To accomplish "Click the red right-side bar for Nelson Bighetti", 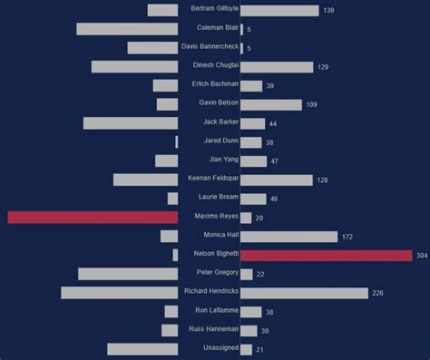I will [x=326, y=256].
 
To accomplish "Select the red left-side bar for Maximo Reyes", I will [x=93, y=218].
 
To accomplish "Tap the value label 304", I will [x=421, y=256].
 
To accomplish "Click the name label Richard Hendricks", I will [x=210, y=291].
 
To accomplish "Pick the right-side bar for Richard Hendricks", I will [x=304, y=293].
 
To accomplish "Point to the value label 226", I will [x=377, y=293].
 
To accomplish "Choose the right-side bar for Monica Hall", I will [x=288, y=237].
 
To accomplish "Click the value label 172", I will [x=347, y=237].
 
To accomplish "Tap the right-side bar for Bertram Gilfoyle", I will [x=279, y=10].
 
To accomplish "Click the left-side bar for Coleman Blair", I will [x=127, y=29].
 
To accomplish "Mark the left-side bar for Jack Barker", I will [x=131, y=123].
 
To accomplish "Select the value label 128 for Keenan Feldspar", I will [x=322, y=180].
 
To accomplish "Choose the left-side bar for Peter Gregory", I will [x=128, y=274].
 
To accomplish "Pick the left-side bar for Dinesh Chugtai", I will [x=134, y=66].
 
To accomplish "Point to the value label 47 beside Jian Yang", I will [x=274, y=161].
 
